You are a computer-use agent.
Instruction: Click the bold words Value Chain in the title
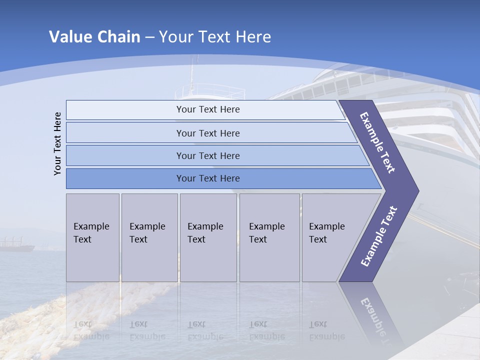94,37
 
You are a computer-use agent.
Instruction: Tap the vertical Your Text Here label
57,143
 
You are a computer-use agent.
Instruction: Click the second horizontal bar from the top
208,133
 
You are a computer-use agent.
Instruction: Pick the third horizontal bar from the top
208,155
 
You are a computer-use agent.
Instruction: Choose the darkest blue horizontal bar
208,178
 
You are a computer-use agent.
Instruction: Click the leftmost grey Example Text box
92,237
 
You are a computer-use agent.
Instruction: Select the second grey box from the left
149,237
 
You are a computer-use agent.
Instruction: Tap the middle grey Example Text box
208,237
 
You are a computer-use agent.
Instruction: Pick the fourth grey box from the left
269,237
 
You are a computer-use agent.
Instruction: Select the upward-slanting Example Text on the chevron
379,236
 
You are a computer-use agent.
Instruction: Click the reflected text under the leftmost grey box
91,330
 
